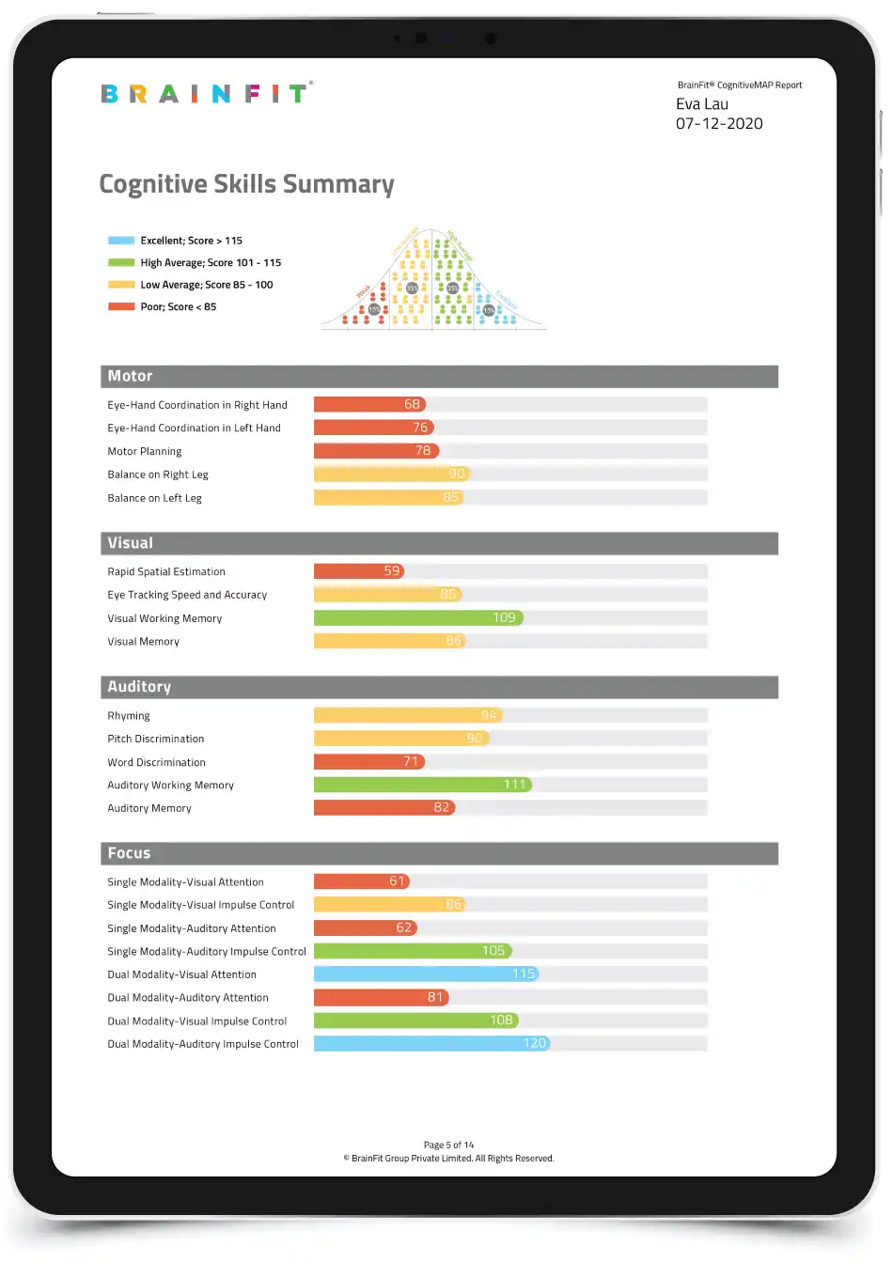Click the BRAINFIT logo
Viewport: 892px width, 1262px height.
pos(206,93)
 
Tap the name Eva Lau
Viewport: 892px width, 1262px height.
pos(702,104)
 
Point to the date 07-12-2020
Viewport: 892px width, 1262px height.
pos(719,124)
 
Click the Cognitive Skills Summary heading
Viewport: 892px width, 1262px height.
pos(246,184)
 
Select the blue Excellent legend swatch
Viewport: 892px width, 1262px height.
pos(121,241)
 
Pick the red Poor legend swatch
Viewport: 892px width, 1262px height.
pos(121,307)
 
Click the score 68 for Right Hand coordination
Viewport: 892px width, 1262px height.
pos(412,405)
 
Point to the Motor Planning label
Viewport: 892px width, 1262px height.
pos(145,452)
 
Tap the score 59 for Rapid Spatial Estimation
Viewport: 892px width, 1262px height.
pos(392,571)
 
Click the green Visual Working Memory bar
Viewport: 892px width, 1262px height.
pos(417,618)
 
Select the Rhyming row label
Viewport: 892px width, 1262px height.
pos(129,716)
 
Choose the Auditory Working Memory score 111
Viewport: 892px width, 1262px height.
pos(514,785)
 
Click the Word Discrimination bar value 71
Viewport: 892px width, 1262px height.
pos(411,762)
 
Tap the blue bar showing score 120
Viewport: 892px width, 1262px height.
pos(430,1044)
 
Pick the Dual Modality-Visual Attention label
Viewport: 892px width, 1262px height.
pos(181,975)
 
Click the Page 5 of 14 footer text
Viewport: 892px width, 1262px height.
pos(448,1145)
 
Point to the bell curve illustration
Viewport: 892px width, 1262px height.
pos(432,279)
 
